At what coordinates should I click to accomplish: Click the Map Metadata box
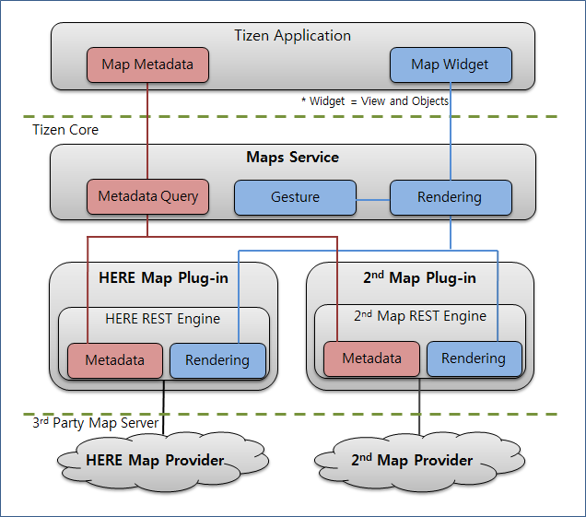pos(147,65)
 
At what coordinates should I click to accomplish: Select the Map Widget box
pos(450,65)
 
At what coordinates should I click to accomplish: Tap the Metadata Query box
pos(147,196)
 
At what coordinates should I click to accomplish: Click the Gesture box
pos(295,197)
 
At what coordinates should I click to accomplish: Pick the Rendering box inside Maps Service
pos(450,197)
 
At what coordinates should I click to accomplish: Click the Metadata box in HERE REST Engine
pos(115,359)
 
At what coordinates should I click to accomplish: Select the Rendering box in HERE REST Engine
pos(217,359)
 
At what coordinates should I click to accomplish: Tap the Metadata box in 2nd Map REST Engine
pos(371,358)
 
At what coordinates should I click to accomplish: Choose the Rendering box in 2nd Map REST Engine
pos(474,358)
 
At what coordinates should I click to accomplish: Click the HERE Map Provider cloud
pos(155,459)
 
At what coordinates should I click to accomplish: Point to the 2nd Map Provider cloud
pos(412,459)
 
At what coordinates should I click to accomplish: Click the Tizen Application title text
pos(293,36)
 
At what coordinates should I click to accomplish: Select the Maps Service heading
pos(292,158)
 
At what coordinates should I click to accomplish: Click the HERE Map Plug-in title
pos(163,277)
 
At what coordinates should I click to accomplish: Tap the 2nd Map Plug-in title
pos(419,277)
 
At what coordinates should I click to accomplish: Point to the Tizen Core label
pos(65,130)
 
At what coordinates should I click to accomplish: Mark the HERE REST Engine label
pos(162,319)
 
